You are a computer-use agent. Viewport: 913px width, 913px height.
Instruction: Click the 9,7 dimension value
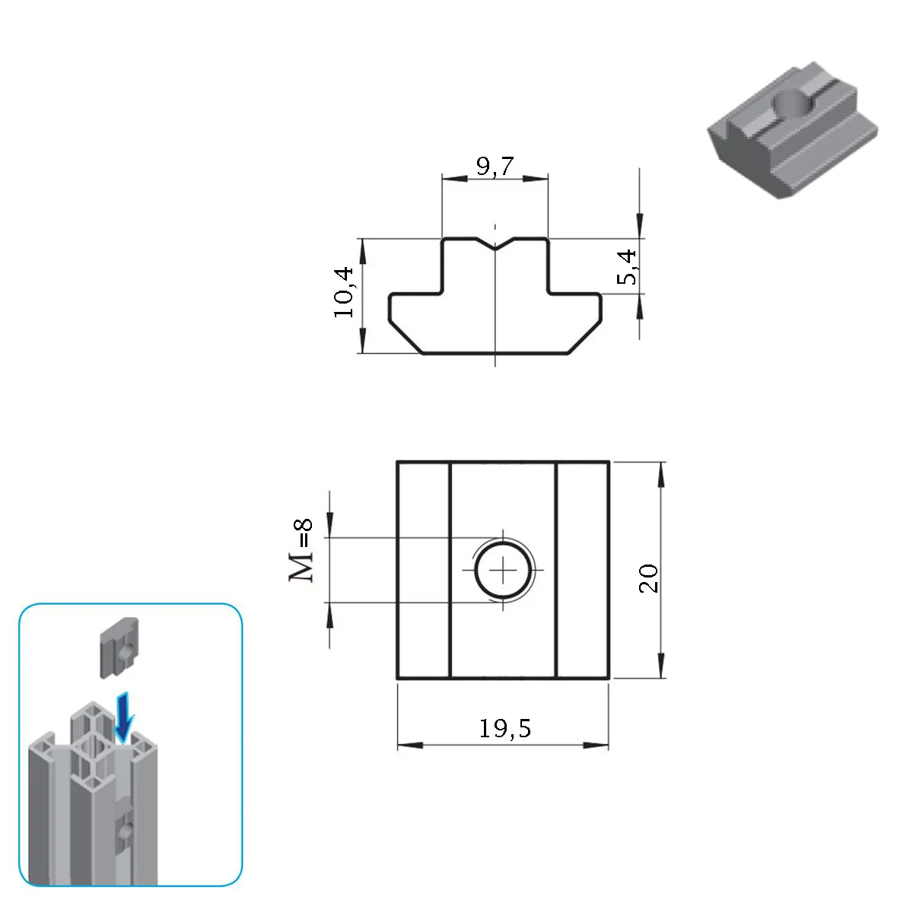(x=495, y=166)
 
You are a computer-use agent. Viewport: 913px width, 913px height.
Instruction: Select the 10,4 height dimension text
(x=343, y=292)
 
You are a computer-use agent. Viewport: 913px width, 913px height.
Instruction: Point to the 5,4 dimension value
(x=627, y=267)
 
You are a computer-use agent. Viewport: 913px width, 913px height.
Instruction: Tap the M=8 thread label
(x=301, y=550)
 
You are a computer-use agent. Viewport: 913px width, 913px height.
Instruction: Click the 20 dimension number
(x=648, y=578)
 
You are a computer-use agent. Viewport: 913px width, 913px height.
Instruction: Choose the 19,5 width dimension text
(x=505, y=728)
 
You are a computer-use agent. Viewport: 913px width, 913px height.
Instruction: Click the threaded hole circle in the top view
(x=503, y=570)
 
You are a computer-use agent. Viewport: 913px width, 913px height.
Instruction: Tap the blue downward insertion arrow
(x=124, y=717)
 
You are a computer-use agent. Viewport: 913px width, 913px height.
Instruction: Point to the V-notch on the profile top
(x=495, y=243)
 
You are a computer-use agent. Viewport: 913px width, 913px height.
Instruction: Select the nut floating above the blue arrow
(x=119, y=647)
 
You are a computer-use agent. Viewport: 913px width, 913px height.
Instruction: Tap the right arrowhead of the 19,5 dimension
(x=596, y=745)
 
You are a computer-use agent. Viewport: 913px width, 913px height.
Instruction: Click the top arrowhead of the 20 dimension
(x=661, y=474)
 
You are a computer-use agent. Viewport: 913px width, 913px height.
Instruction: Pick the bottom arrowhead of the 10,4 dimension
(x=362, y=340)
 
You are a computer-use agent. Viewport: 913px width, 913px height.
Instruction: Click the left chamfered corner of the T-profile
(x=405, y=337)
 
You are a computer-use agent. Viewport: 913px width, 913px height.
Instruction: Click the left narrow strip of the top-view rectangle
(x=422, y=570)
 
